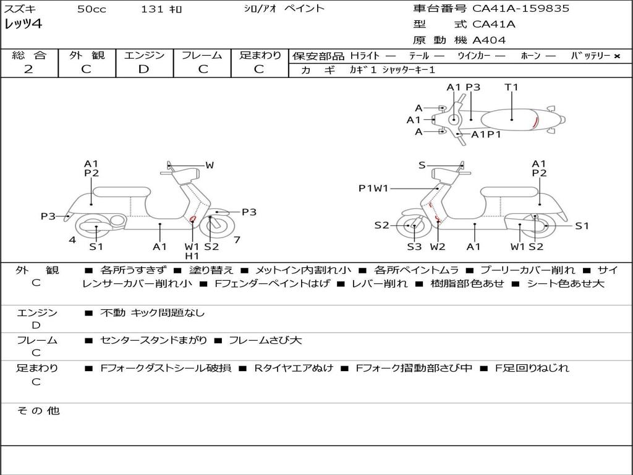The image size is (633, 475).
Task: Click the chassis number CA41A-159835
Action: click(520, 9)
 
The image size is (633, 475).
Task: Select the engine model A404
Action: click(489, 40)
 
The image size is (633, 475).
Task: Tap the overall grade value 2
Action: click(28, 69)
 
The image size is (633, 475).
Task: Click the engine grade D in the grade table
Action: click(143, 69)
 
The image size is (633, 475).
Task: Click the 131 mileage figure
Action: click(152, 9)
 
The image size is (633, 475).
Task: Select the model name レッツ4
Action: click(23, 25)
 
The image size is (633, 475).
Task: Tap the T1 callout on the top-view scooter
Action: click(511, 87)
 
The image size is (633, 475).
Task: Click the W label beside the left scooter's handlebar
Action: click(210, 165)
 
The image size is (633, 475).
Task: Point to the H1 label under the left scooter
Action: click(192, 256)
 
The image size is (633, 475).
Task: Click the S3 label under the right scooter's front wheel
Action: click(414, 247)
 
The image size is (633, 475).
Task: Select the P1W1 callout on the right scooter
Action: click(373, 188)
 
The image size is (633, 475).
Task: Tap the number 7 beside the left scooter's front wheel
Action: click(237, 239)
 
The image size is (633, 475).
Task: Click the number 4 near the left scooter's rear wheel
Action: click(72, 239)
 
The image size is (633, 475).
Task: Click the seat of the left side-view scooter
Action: click(120, 192)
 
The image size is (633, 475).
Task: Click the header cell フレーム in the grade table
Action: click(202, 55)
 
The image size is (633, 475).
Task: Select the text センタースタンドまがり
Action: click(154, 340)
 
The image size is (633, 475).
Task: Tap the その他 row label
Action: click(38, 411)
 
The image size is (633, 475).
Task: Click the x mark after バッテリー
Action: click(617, 56)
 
